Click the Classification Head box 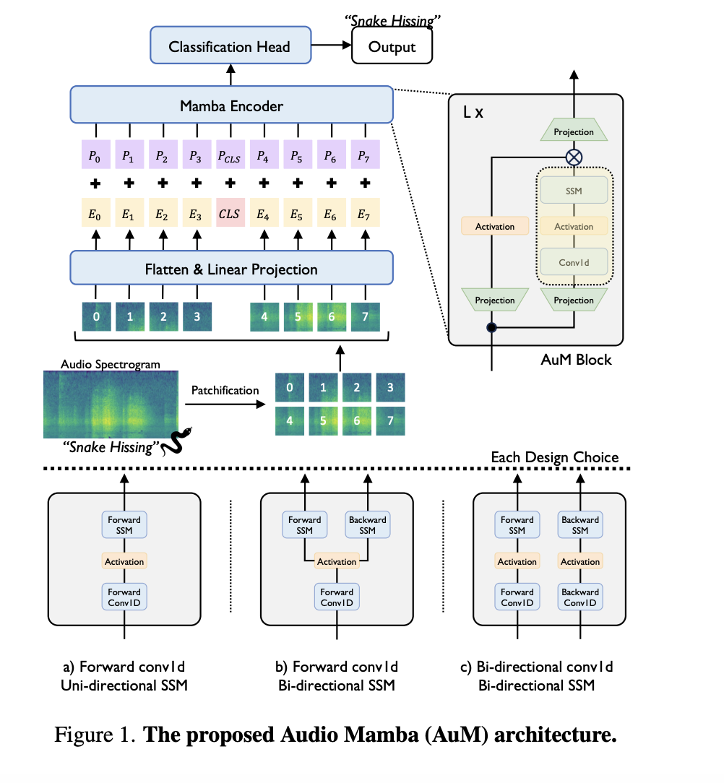pyautogui.click(x=230, y=47)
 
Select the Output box pyautogui.click(x=392, y=47)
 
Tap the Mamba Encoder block pyautogui.click(x=232, y=106)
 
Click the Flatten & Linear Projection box pyautogui.click(x=232, y=269)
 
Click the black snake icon pyautogui.click(x=176, y=441)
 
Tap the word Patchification pyautogui.click(x=225, y=390)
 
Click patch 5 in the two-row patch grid pyautogui.click(x=322, y=421)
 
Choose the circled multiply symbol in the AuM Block pyautogui.click(x=574, y=157)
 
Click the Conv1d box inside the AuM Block pyautogui.click(x=574, y=262)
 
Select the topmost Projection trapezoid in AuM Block pyautogui.click(x=574, y=132)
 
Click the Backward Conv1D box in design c pyautogui.click(x=580, y=597)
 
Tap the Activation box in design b pyautogui.click(x=337, y=561)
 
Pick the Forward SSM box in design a pyautogui.click(x=125, y=525)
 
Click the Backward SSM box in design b pyautogui.click(x=367, y=525)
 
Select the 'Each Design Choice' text pyautogui.click(x=555, y=457)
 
